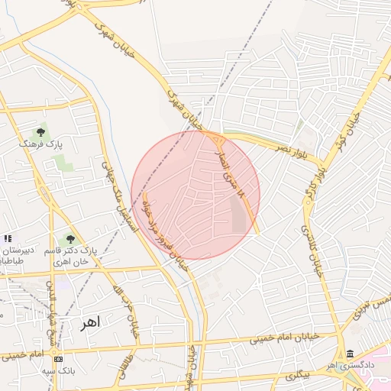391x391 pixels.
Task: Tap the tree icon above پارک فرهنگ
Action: point(40,131)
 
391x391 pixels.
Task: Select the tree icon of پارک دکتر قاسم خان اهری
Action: point(71,240)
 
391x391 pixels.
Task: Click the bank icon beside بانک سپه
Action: point(59,359)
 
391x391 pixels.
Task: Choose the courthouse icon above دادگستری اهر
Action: point(350,354)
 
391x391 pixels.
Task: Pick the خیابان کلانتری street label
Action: point(312,252)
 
